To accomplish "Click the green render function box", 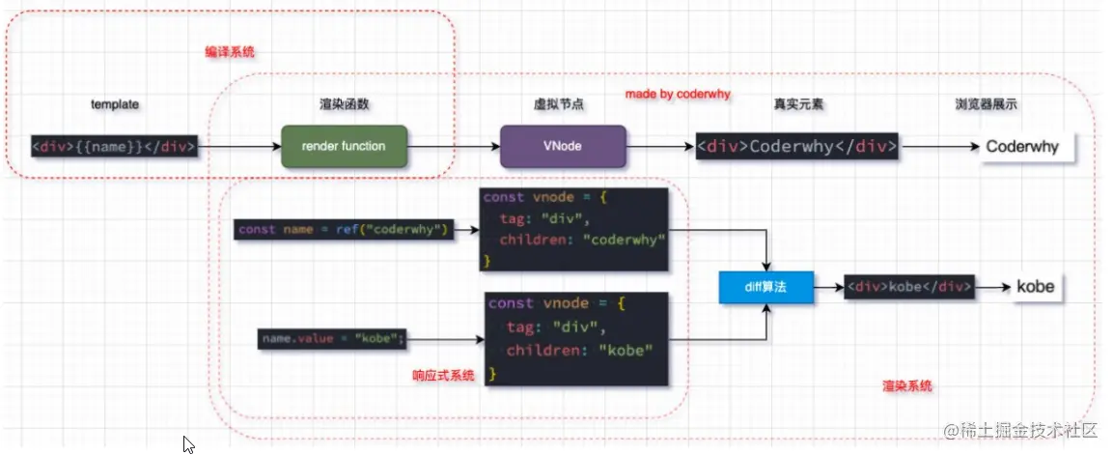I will coord(343,147).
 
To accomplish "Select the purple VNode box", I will coord(563,147).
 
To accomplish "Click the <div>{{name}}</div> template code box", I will coord(115,148).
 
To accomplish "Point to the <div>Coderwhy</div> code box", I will coord(796,148).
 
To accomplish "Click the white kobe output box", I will coord(1035,287).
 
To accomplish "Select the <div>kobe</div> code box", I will coord(908,287).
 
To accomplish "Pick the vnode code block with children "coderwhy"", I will coord(574,230).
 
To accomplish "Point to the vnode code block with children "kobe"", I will coord(577,338).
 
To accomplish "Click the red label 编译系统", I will coord(230,52).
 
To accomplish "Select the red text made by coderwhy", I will coord(678,94).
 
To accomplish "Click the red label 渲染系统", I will coord(907,385).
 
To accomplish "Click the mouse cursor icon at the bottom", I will coord(189,444).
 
